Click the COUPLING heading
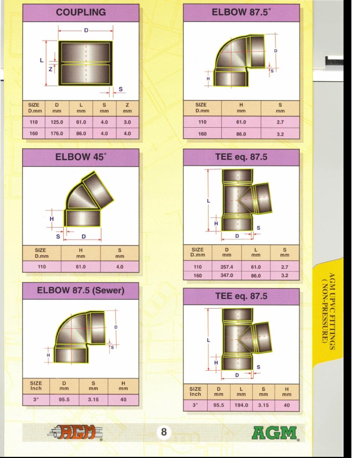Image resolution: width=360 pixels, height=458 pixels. pyautogui.click(x=80, y=12)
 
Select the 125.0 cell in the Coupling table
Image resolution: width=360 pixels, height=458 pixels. pyautogui.click(x=57, y=122)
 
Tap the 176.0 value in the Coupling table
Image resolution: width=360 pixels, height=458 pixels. pyautogui.click(x=57, y=133)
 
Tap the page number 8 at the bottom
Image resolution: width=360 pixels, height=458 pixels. pyautogui.click(x=164, y=432)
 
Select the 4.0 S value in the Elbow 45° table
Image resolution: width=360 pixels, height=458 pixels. pyautogui.click(x=120, y=267)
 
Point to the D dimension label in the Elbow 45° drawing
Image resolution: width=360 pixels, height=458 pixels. pyautogui.click(x=84, y=236)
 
